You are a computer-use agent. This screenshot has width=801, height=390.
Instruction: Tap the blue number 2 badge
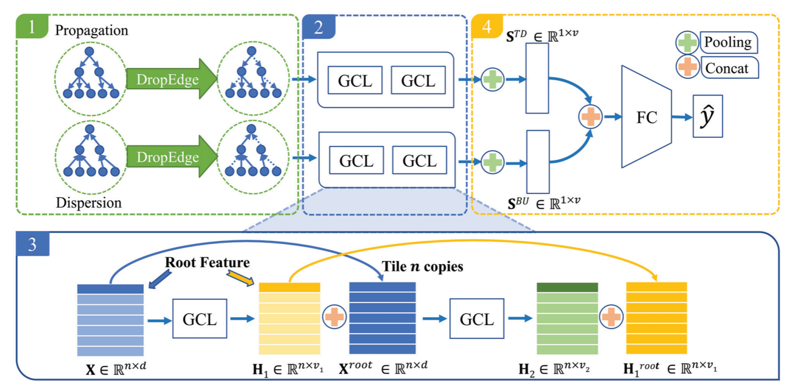coord(318,27)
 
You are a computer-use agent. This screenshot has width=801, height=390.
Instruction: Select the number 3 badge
coord(32,245)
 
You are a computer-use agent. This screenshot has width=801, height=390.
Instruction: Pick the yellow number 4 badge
coord(486,27)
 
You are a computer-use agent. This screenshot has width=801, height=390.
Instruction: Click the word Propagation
coord(91,29)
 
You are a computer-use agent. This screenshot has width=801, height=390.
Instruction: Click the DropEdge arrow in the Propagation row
coord(171,80)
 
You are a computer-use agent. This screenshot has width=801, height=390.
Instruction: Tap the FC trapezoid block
coord(646,117)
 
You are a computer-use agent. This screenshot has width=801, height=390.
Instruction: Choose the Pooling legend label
coord(729,42)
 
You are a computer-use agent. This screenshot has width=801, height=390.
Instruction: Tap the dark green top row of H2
coord(567,287)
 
